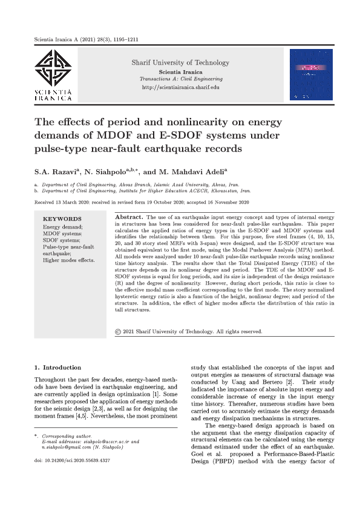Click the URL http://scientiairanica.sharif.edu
coord(180,87)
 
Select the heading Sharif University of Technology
coord(180,63)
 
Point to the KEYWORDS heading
coord(62,219)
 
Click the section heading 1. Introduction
coord(57,368)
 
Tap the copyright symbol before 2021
coord(117,331)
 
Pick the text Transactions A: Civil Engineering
coord(180,79)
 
